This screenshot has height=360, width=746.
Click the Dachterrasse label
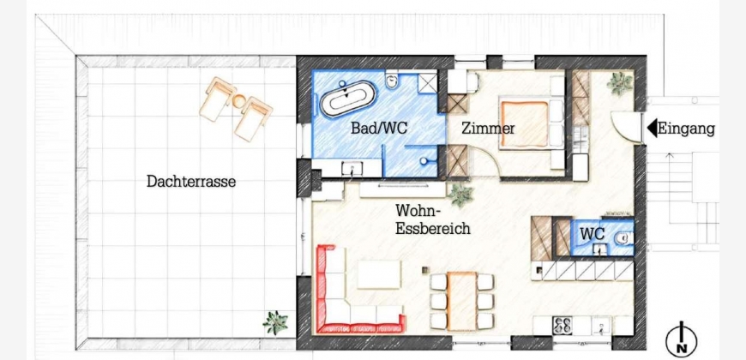click(x=191, y=181)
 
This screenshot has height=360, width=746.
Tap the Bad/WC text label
click(x=379, y=128)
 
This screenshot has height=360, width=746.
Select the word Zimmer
click(x=488, y=128)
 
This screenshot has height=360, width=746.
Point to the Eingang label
click(x=687, y=129)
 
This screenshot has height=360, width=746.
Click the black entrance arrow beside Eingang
click(x=652, y=129)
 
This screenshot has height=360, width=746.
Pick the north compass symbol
click(x=682, y=339)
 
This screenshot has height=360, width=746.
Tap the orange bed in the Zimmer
click(x=524, y=123)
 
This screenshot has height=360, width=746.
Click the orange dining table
click(x=461, y=300)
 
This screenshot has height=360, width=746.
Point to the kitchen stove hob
click(x=563, y=326)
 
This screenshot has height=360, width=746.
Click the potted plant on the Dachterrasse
click(x=275, y=322)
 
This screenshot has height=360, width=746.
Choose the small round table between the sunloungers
click(x=239, y=101)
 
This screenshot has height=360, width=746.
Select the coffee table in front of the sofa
click(x=379, y=274)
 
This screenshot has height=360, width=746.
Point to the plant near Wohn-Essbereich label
click(x=461, y=195)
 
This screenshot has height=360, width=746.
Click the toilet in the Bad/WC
click(x=393, y=81)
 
